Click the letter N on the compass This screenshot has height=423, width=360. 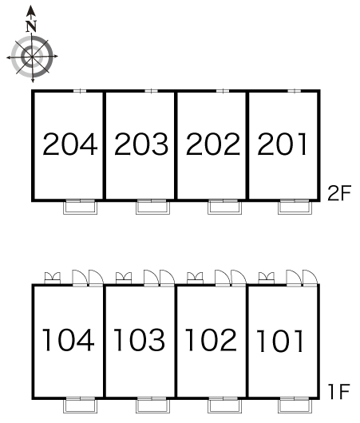coord(32,26)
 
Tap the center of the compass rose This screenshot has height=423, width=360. coord(33,57)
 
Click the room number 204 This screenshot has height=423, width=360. coord(70,144)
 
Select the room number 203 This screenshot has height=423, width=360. coord(141,144)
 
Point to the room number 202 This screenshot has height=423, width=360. coord(213,144)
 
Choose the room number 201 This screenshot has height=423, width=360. coord(282,144)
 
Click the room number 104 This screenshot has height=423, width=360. coord(69,340)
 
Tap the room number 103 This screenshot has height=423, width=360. coord(139,340)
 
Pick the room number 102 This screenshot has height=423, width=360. coord(211,340)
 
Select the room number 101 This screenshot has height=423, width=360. coord(280,342)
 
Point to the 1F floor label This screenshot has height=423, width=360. coord(339,391)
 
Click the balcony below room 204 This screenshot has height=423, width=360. coord(80,207)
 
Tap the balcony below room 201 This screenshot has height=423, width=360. coord(295,207)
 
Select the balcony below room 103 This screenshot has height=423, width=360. coord(152,405)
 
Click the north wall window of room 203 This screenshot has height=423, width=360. coord(151,91)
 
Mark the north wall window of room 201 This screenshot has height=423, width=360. coord(294,91)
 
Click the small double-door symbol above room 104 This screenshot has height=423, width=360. coord(53,278)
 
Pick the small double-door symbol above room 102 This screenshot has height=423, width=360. coord(195,278)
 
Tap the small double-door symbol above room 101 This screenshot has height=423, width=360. coord(267,278)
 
